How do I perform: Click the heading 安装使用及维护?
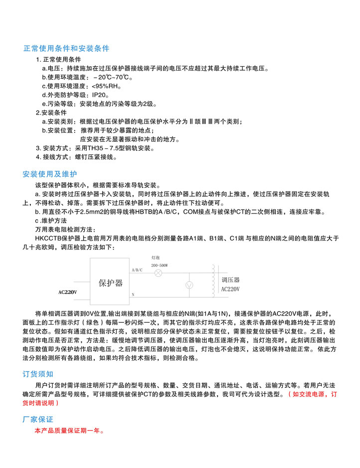click(50, 174)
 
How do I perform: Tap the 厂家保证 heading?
click(38, 419)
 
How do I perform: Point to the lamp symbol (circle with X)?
click(158, 273)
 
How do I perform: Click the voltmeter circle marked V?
click(189, 285)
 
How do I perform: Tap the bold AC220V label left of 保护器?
click(67, 292)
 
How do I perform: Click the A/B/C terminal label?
click(137, 270)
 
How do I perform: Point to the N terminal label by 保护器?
click(133, 295)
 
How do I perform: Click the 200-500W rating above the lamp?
click(159, 266)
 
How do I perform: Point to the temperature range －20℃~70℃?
click(112, 78)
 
